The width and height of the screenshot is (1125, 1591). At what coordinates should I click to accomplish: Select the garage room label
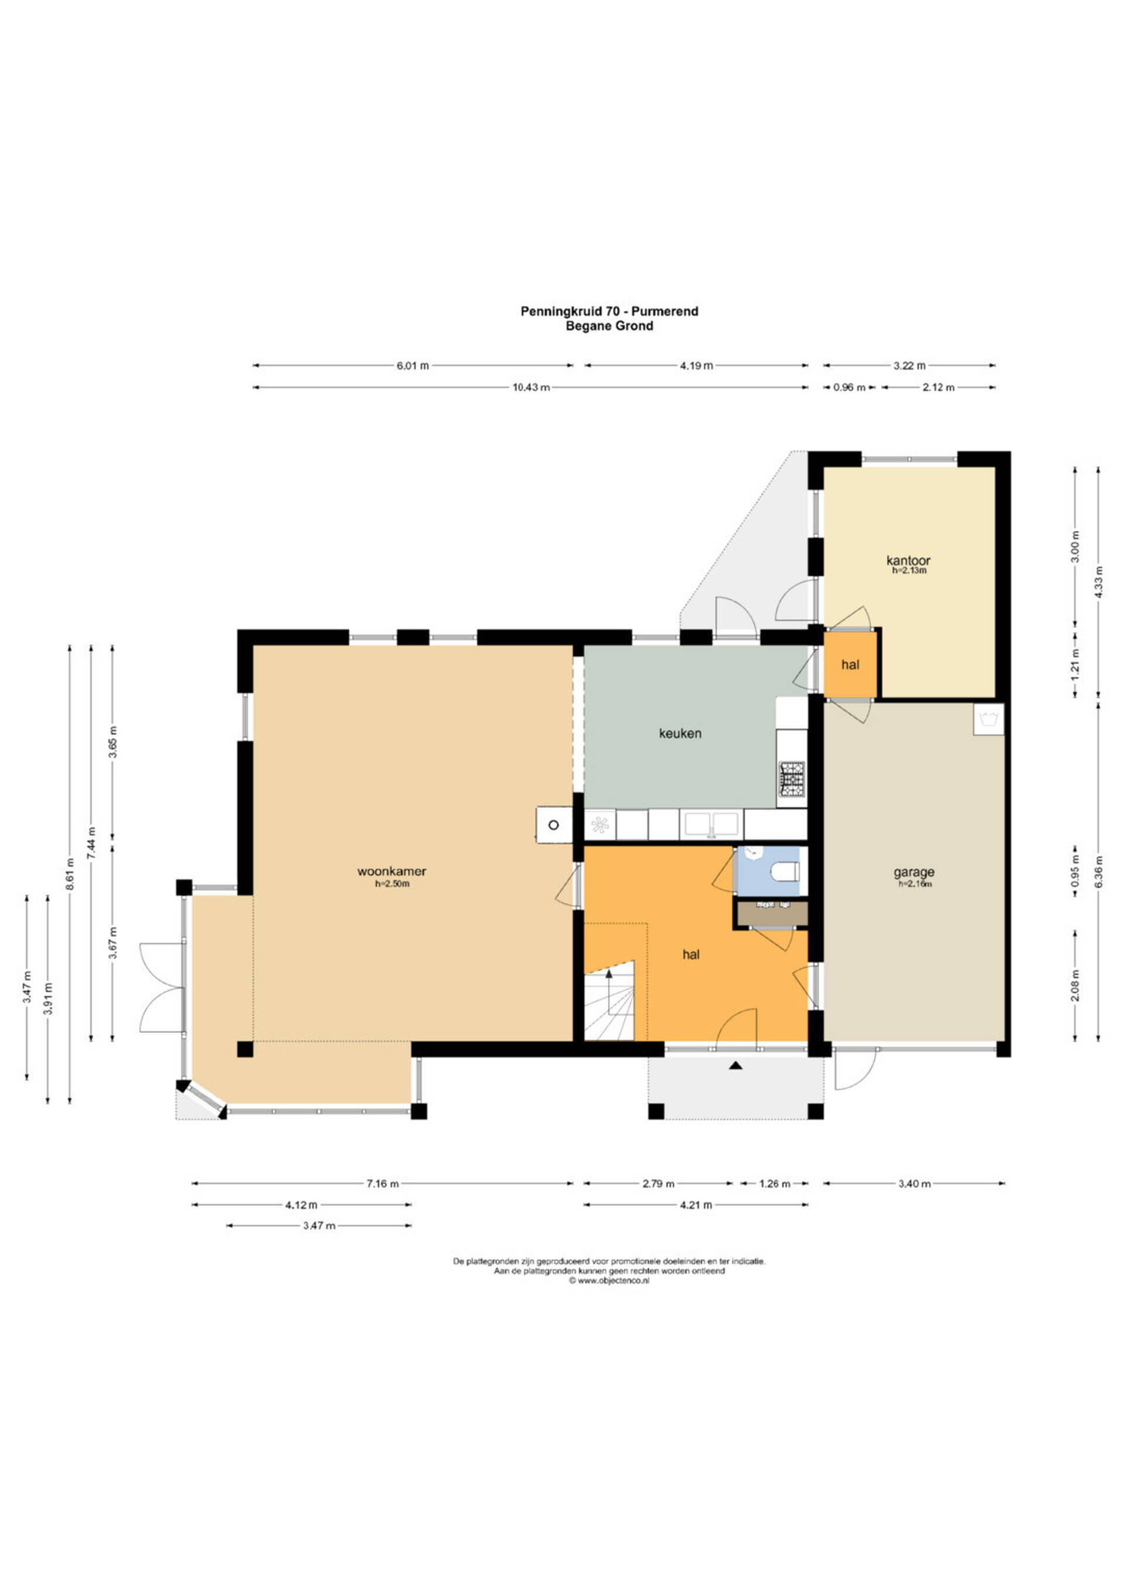tap(913, 872)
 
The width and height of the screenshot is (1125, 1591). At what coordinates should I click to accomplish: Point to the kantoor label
tap(908, 560)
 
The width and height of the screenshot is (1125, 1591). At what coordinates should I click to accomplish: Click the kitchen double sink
tap(711, 825)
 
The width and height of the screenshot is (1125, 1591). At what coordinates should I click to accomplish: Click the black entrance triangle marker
tap(736, 1066)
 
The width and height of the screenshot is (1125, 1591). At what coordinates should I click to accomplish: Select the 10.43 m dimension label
tap(531, 387)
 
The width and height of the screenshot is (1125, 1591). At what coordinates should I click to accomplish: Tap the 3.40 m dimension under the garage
tap(915, 1184)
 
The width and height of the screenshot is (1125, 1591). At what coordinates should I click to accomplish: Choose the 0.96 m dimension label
tap(848, 387)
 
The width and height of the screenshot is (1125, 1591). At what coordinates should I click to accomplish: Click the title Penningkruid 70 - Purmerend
tap(609, 311)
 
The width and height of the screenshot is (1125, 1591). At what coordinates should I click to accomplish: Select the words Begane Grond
tap(609, 326)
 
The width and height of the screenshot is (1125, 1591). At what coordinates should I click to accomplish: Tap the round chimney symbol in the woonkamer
tap(554, 825)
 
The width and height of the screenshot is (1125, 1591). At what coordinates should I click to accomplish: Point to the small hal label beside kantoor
tap(851, 665)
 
